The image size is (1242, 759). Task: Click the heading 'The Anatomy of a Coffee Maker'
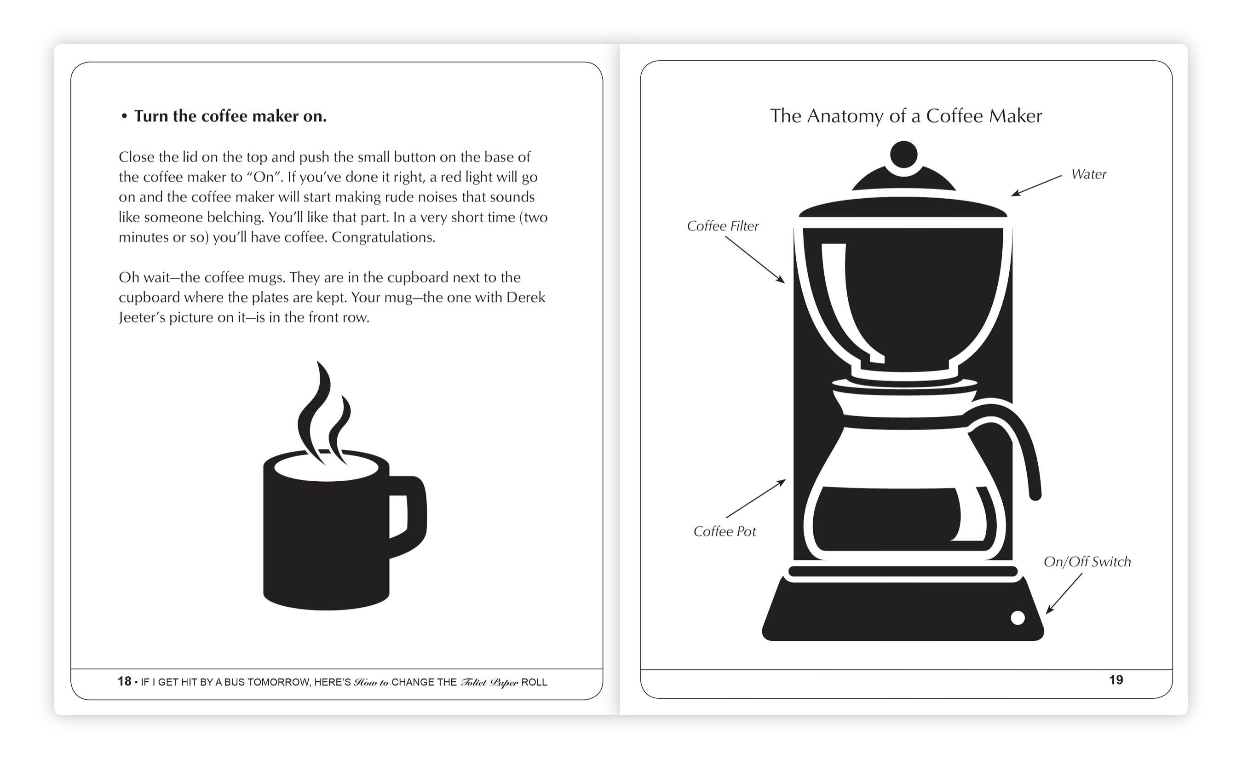pyautogui.click(x=905, y=116)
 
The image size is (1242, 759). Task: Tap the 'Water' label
pyautogui.click(x=1088, y=174)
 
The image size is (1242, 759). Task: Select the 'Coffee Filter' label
pyautogui.click(x=722, y=226)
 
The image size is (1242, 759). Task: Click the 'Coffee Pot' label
pyautogui.click(x=724, y=531)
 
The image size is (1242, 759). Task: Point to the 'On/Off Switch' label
pyautogui.click(x=1087, y=562)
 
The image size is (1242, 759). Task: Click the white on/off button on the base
pyautogui.click(x=1018, y=617)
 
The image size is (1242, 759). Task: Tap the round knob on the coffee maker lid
pyautogui.click(x=903, y=155)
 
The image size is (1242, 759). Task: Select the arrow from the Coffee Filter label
pyautogui.click(x=754, y=259)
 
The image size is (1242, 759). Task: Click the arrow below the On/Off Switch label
pyautogui.click(x=1064, y=593)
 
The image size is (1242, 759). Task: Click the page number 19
pyautogui.click(x=1115, y=680)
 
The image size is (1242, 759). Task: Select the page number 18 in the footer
pyautogui.click(x=124, y=681)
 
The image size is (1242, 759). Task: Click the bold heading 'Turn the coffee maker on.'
pyautogui.click(x=230, y=116)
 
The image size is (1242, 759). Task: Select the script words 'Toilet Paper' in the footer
pyautogui.click(x=489, y=682)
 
